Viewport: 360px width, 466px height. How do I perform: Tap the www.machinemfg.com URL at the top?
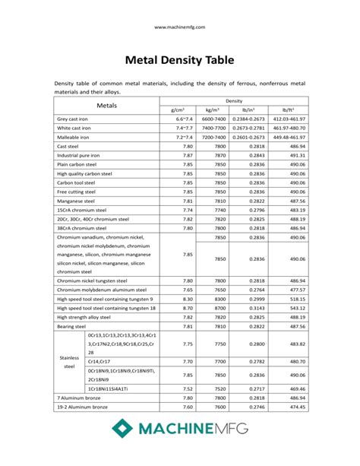179,27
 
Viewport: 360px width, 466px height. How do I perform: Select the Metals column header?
106,105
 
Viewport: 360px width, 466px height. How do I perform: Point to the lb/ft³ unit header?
288,110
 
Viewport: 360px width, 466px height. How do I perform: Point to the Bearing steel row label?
73,326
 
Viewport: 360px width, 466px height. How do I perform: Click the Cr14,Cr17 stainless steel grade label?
99,362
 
